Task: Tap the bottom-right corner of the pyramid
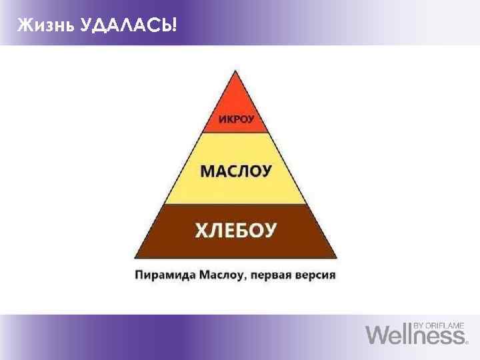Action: click(x=337, y=258)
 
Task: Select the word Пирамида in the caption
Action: click(x=164, y=274)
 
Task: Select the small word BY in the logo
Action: click(x=419, y=325)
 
